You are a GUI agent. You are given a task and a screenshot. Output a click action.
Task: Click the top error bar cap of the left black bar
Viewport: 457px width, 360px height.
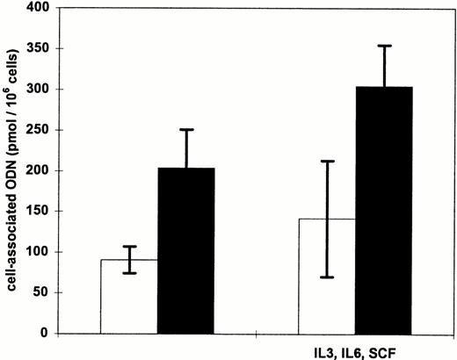pyautogui.click(x=186, y=130)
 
